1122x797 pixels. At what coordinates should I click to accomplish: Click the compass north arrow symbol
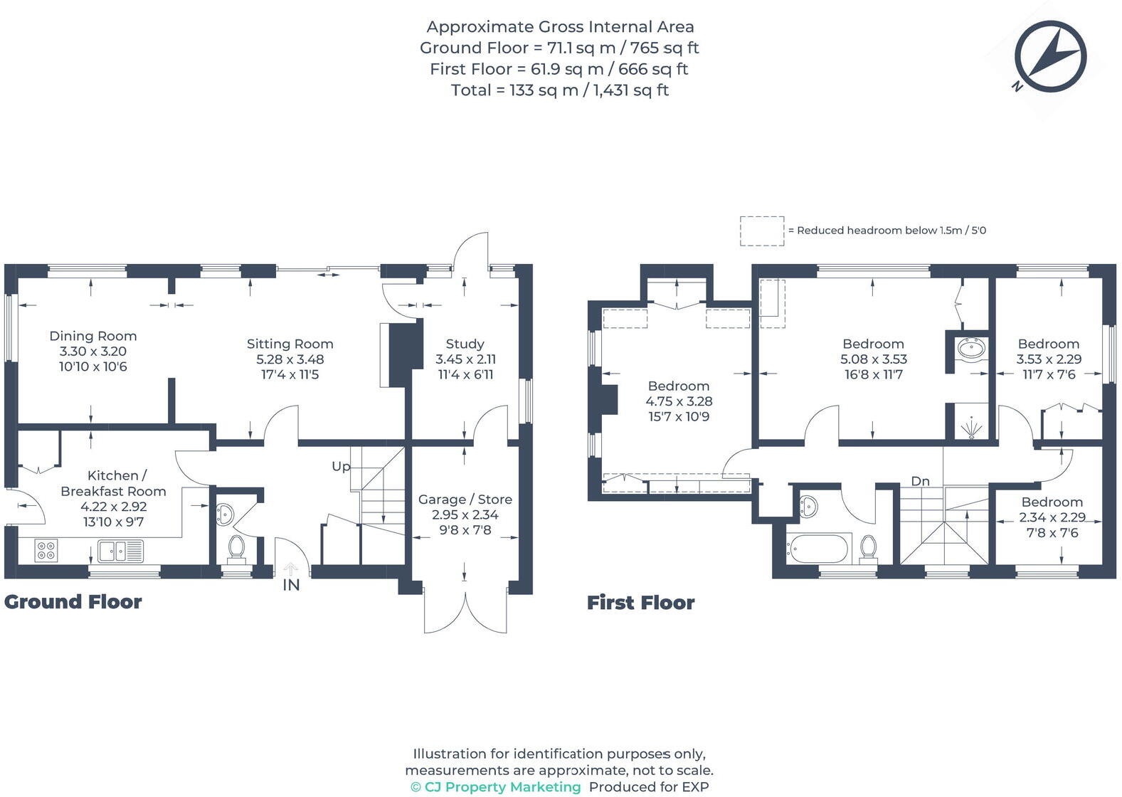[x=1050, y=56]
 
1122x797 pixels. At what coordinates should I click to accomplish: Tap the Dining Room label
[x=93, y=336]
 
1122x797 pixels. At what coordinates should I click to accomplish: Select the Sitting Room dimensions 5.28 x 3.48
[x=290, y=359]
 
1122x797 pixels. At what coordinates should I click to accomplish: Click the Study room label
[x=465, y=344]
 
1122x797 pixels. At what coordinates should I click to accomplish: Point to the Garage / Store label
[x=465, y=500]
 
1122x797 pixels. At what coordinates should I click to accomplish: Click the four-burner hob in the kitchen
[x=46, y=550]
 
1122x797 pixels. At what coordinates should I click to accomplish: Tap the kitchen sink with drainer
[x=120, y=551]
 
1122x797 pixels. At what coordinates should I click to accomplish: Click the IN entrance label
[x=291, y=585]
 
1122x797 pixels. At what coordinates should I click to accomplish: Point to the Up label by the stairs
[x=341, y=467]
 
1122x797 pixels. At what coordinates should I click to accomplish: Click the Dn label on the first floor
[x=920, y=482]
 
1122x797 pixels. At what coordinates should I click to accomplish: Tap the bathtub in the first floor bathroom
[x=817, y=549]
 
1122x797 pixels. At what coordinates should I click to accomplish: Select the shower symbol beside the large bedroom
[x=972, y=427]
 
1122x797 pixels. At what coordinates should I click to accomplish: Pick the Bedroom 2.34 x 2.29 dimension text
[x=1052, y=517]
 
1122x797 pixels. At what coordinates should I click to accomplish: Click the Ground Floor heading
[x=73, y=601]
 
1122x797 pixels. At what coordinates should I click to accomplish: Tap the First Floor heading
[x=640, y=603]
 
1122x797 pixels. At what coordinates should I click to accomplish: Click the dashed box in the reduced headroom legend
[x=762, y=231]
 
